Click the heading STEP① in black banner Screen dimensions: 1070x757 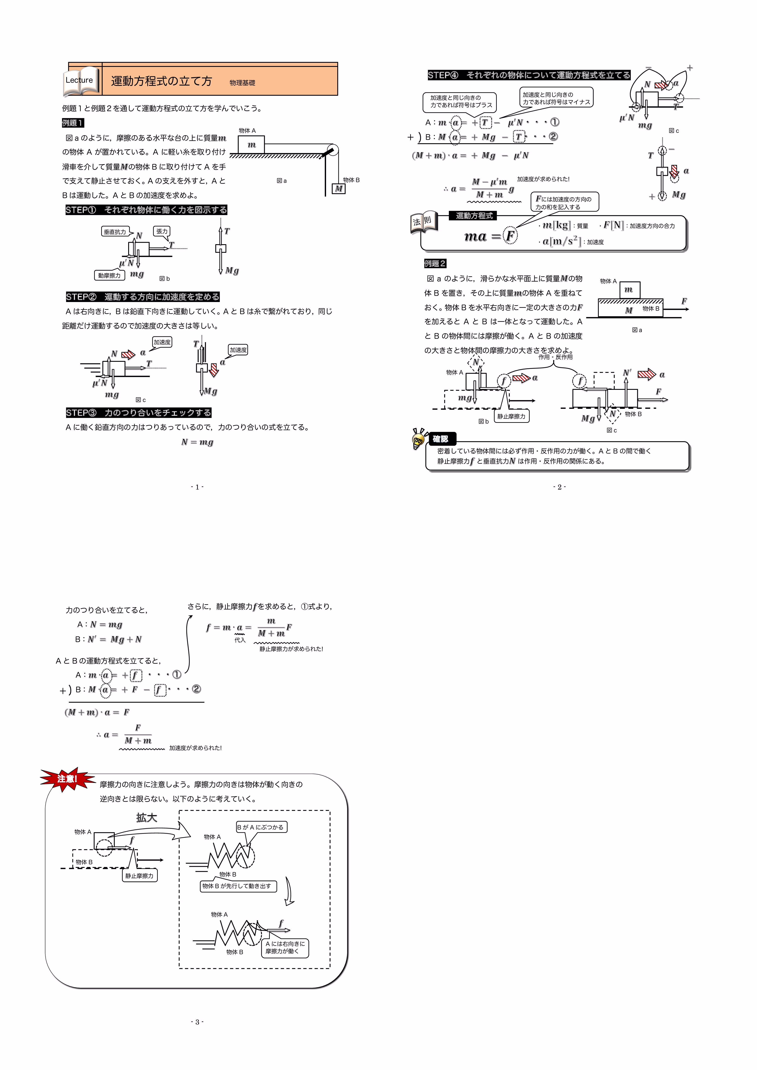pos(146,210)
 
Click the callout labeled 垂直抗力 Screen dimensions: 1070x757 pos(115,232)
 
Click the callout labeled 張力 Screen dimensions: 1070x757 pos(162,231)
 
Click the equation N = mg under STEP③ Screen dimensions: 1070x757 pos(197,442)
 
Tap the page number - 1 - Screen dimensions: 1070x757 pos(197,487)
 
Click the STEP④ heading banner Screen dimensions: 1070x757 pos(529,75)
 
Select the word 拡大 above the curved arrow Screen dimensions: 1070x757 pos(146,817)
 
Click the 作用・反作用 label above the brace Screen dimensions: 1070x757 pos(555,357)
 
